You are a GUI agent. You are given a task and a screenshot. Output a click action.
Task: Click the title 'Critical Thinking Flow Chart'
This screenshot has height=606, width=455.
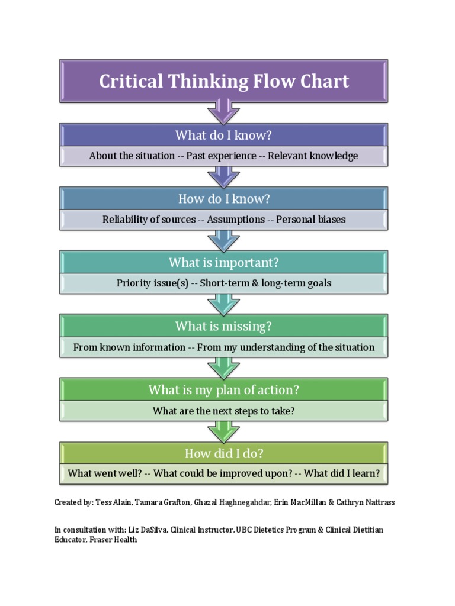point(224,81)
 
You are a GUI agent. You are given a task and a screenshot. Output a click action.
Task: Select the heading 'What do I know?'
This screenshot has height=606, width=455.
point(223,136)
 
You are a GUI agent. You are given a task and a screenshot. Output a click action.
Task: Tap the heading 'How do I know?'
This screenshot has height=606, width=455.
point(223,199)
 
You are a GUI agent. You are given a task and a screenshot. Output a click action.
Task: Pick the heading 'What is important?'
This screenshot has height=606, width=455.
point(223,262)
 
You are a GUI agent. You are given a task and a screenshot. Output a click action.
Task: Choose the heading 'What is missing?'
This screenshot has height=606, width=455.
point(223,326)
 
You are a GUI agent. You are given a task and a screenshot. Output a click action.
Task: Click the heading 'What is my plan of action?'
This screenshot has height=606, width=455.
point(223,390)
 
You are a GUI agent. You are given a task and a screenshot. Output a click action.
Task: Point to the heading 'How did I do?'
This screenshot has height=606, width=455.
point(223,453)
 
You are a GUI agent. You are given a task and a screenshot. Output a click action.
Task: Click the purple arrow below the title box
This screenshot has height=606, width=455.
point(223,111)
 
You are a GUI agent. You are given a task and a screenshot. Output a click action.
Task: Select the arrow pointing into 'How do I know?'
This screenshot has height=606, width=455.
point(223,176)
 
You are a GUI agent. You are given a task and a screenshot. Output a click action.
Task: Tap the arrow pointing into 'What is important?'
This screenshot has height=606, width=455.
point(223,239)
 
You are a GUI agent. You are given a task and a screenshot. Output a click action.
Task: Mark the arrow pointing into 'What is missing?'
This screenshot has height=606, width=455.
point(223,303)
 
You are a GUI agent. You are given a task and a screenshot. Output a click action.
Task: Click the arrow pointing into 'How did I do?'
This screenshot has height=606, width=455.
point(223,430)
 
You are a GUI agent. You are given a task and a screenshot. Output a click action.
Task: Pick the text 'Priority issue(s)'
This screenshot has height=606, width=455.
point(152,283)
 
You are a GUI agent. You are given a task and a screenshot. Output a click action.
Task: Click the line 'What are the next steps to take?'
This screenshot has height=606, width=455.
point(223,411)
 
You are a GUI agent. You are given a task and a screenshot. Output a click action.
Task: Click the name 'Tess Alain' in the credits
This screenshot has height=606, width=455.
point(113,502)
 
